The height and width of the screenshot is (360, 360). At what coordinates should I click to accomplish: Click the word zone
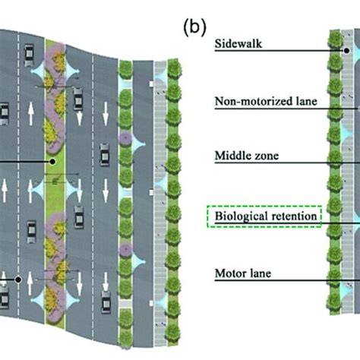click(266, 156)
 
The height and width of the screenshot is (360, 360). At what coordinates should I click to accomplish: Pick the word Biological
click(241, 217)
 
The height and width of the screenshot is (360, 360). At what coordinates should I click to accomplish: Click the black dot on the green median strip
click(52, 161)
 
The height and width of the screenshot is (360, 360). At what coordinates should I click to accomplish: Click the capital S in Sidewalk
click(219, 45)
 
